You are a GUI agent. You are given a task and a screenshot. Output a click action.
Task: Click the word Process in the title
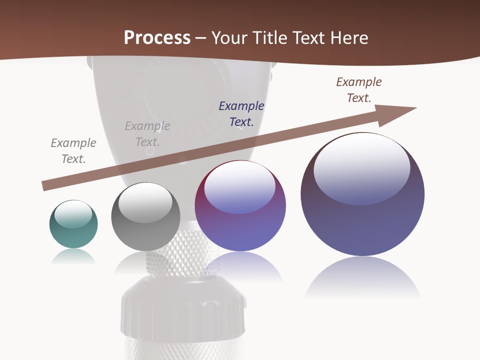pos(157,38)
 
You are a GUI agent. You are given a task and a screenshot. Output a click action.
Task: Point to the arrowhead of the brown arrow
pos(400,113)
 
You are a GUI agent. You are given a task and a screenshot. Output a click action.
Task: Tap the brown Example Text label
pos(359,90)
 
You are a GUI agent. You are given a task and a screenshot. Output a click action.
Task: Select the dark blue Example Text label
pos(241,113)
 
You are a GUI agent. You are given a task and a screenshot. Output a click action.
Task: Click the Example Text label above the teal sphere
pos(73,150)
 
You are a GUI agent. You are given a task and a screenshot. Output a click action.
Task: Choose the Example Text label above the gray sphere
pos(147,133)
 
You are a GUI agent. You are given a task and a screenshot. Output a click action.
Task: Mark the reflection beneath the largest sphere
pos(362,277)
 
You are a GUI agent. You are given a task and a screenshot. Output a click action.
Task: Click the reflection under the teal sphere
pos(73,256)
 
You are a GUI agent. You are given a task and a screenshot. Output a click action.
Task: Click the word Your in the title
pos(230,38)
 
